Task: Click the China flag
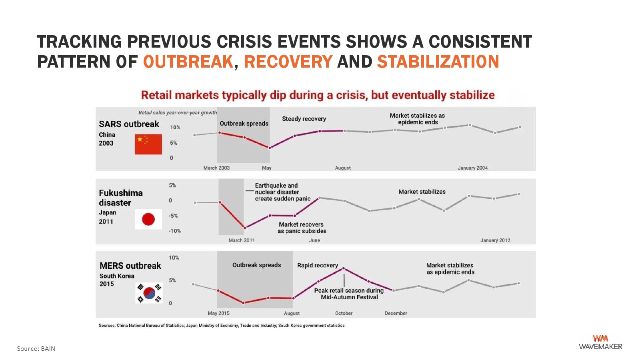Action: pyautogui.click(x=148, y=144)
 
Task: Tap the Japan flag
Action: pyautogui.click(x=148, y=219)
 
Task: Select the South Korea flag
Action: pyautogui.click(x=149, y=293)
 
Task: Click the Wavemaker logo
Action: pyautogui.click(x=600, y=342)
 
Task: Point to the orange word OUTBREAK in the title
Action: pyautogui.click(x=188, y=62)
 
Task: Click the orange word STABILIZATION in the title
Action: pyautogui.click(x=438, y=62)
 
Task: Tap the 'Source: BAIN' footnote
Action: pyautogui.click(x=36, y=348)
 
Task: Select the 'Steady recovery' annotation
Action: pyautogui.click(x=304, y=119)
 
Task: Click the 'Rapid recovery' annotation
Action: pyautogui.click(x=318, y=266)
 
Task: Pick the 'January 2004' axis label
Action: pyautogui.click(x=472, y=168)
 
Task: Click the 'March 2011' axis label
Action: pyautogui.click(x=242, y=240)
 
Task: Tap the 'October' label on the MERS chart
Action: pyautogui.click(x=344, y=314)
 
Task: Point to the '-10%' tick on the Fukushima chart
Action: pyautogui.click(x=174, y=231)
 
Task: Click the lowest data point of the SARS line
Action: pyautogui.click(x=270, y=148)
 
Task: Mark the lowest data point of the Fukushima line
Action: pyautogui.click(x=245, y=228)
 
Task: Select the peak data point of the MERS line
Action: pyautogui.click(x=344, y=268)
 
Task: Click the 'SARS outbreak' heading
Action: pyautogui.click(x=129, y=124)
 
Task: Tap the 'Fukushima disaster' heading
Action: pyautogui.click(x=121, y=198)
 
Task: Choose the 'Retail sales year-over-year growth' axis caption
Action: pyautogui.click(x=178, y=113)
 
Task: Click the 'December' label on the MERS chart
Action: pyautogui.click(x=396, y=314)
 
